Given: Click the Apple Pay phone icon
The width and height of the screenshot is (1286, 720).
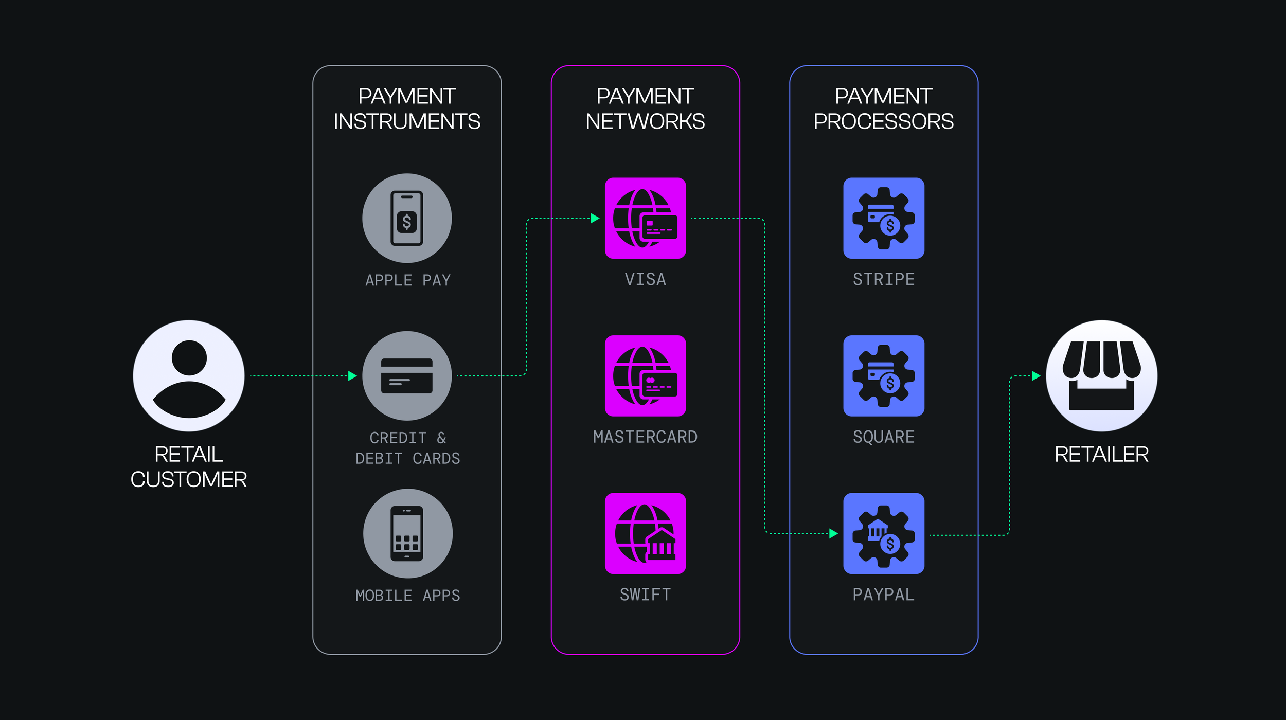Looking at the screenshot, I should [x=407, y=218].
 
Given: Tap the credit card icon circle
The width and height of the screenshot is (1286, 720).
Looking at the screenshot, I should [x=407, y=376].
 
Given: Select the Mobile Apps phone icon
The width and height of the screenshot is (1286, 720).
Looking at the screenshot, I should [x=407, y=533].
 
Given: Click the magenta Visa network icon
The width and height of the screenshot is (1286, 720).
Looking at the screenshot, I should [x=645, y=218].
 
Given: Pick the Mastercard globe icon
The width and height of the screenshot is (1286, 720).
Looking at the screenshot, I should [x=645, y=376].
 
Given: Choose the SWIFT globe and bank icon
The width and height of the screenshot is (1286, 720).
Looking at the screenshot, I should [x=645, y=533].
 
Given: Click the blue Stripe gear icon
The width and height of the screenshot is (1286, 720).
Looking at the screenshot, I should [x=884, y=218].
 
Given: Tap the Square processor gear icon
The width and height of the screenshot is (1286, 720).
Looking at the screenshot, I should [x=884, y=376].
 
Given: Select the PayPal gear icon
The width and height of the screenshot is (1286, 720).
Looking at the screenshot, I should [x=884, y=533].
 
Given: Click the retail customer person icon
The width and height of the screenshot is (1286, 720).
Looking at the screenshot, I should [x=189, y=376].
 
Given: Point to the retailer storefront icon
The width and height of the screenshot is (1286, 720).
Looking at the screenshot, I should [x=1101, y=376].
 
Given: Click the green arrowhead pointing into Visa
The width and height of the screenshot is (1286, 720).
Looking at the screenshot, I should [x=595, y=218].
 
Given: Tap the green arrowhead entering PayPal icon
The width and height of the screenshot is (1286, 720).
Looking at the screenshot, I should [x=833, y=533].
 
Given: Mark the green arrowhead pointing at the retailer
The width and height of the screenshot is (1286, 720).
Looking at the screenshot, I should [x=1036, y=376].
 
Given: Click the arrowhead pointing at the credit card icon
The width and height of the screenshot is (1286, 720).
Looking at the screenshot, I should [x=352, y=376].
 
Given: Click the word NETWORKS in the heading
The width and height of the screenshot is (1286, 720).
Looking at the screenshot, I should [x=645, y=122].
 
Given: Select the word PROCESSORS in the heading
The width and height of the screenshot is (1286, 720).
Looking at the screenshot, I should [x=883, y=122].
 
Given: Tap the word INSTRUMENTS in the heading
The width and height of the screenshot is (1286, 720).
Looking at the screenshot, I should [x=407, y=122].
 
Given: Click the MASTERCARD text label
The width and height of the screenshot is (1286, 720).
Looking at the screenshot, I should [x=645, y=437].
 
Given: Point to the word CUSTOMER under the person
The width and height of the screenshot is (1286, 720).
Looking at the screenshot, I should [x=189, y=480].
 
